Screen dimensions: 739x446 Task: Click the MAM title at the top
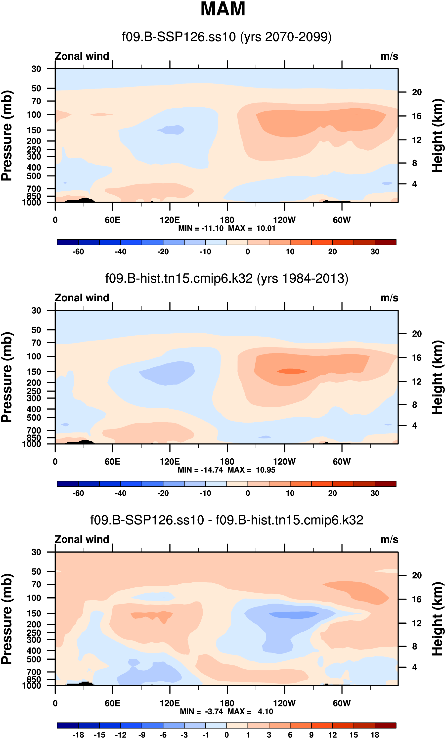pos(223,9)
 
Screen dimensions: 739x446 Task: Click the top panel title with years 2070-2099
pos(227,37)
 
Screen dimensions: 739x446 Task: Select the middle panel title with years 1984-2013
pos(227,279)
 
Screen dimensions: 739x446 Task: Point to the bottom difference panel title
pos(227,520)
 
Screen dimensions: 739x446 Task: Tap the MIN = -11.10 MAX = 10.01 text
pos(226,228)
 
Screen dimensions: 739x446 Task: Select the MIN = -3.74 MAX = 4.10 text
pos(226,711)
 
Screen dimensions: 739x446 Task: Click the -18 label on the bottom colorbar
pos(78,735)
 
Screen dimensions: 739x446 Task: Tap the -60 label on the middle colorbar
pos(78,493)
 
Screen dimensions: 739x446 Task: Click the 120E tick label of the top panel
pos(170,220)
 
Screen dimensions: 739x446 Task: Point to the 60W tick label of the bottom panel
pos(342,703)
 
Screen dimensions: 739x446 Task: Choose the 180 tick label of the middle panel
pos(227,462)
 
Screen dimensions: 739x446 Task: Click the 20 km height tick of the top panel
pos(417,92)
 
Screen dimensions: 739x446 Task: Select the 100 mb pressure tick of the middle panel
pos(34,356)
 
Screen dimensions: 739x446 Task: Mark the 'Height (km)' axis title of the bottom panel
pos(437,618)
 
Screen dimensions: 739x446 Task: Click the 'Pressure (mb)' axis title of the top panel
pos(7,135)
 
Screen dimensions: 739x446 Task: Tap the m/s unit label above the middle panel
pos(389,298)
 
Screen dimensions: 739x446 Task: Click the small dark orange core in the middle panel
pos(292,371)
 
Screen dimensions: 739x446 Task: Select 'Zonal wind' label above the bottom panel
pos(82,539)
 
